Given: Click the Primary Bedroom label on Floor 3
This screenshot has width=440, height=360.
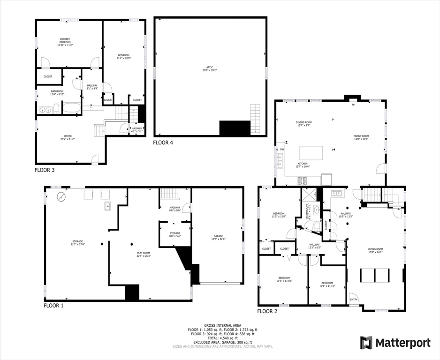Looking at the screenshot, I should click(65, 42).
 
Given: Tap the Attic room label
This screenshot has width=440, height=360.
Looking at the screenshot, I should click(209, 68).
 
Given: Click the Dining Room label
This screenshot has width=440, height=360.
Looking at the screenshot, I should click(303, 124).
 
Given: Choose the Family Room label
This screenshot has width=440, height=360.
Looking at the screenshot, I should click(361, 137).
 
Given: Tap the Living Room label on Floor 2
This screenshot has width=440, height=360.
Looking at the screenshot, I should click(375, 251).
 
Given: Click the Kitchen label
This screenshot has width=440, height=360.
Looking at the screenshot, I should click(303, 165).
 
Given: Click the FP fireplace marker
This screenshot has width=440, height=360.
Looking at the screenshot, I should click(353, 105).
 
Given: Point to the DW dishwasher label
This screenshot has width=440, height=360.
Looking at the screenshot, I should click(282, 150).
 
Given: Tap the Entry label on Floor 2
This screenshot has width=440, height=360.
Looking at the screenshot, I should click(353, 300).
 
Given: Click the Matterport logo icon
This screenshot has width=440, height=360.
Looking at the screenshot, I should click(366, 343).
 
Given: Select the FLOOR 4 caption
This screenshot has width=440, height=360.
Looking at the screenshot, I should click(163, 142).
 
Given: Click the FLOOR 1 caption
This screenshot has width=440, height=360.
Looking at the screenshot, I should click(53, 306).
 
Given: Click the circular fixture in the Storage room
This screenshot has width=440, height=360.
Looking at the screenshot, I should click(61, 196).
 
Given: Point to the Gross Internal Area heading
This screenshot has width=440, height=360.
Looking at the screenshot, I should click(220, 325).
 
